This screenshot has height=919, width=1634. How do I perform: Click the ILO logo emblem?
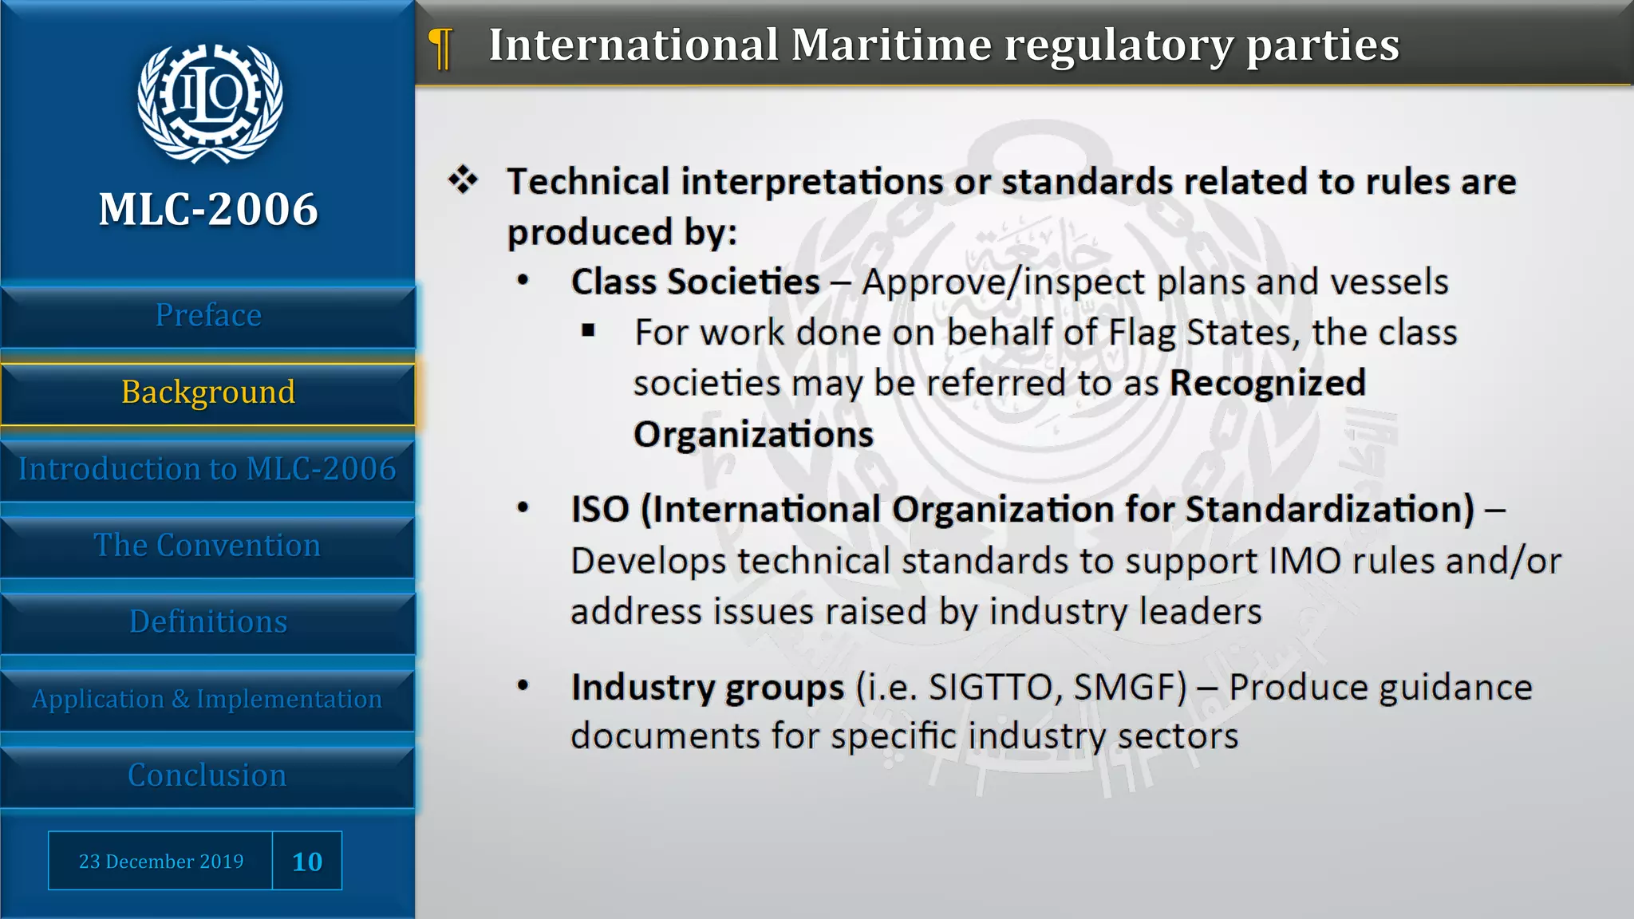209,103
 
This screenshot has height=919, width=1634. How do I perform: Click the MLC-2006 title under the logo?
208,210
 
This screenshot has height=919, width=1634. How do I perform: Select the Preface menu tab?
208,316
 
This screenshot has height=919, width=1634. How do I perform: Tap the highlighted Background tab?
208,392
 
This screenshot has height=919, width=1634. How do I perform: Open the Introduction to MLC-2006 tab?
207,469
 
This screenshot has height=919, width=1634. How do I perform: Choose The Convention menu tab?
207,546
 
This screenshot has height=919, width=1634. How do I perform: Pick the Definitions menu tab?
208,622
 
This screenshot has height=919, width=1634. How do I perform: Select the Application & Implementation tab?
207,699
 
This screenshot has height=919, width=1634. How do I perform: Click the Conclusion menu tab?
207,775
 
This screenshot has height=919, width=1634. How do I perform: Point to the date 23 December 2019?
161,862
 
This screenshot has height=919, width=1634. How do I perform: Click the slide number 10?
307,862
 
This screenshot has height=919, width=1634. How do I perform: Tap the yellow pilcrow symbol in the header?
440,48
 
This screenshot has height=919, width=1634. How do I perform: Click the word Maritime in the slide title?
891,45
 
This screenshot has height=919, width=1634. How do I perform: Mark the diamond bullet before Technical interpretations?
463,179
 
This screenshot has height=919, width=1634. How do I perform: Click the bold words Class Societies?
695,282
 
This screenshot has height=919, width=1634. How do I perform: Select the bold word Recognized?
1267,384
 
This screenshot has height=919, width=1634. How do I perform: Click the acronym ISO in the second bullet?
600,510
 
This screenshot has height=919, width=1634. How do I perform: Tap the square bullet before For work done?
589,331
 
